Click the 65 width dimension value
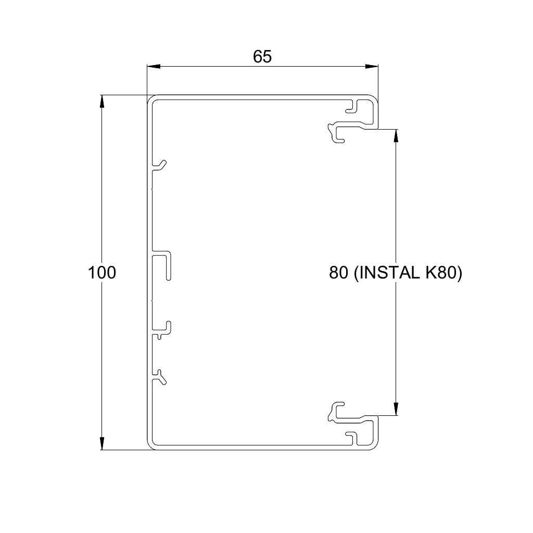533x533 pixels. pyautogui.click(x=262, y=57)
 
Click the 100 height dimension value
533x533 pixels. pyautogui.click(x=101, y=272)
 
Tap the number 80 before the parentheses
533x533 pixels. pyautogui.click(x=338, y=272)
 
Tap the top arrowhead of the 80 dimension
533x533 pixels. pyautogui.click(x=397, y=135)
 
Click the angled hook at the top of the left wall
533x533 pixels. pyautogui.click(x=160, y=165)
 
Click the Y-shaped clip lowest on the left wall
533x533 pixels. pyautogui.click(x=160, y=376)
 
